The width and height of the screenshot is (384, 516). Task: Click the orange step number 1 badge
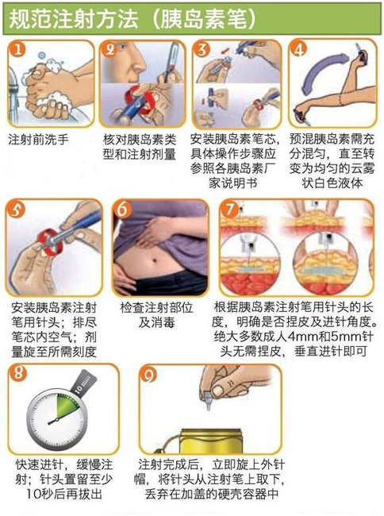click(x=17, y=49)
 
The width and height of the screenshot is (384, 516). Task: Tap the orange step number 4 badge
click(x=298, y=49)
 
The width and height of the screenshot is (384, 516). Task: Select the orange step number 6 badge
click(x=122, y=209)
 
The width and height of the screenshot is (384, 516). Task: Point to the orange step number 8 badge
click(x=17, y=373)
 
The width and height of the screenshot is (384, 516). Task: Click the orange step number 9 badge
click(x=148, y=375)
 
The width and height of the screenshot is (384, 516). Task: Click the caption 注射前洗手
click(x=38, y=140)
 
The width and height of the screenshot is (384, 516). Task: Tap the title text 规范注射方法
click(x=73, y=19)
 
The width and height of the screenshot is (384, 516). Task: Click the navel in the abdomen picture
click(x=155, y=261)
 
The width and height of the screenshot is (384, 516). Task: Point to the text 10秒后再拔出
click(x=64, y=494)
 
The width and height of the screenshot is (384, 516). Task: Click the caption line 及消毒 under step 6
click(x=156, y=322)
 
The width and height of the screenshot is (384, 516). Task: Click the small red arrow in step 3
click(x=225, y=50)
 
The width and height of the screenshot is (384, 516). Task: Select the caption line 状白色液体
click(x=332, y=183)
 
